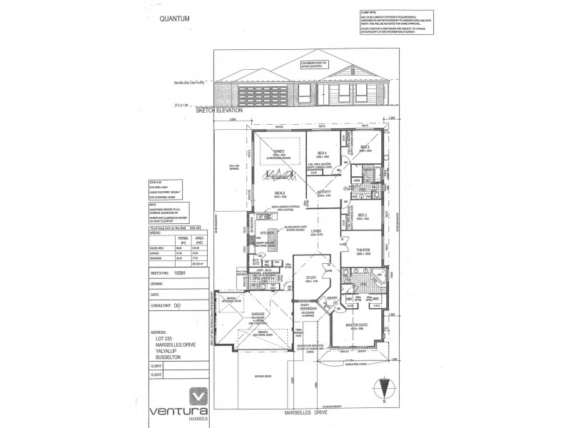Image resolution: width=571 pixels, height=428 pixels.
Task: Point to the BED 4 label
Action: [x=322, y=152]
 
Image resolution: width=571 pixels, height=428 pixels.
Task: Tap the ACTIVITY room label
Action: [x=325, y=192]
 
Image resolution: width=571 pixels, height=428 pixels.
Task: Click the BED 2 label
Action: [x=362, y=215]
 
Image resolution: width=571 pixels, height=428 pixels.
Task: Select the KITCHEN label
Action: [x=268, y=233]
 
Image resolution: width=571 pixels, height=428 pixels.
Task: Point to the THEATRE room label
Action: [x=364, y=250]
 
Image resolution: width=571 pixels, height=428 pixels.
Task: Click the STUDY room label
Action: [x=310, y=277]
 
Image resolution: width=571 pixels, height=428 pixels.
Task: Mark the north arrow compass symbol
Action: [x=385, y=388]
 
